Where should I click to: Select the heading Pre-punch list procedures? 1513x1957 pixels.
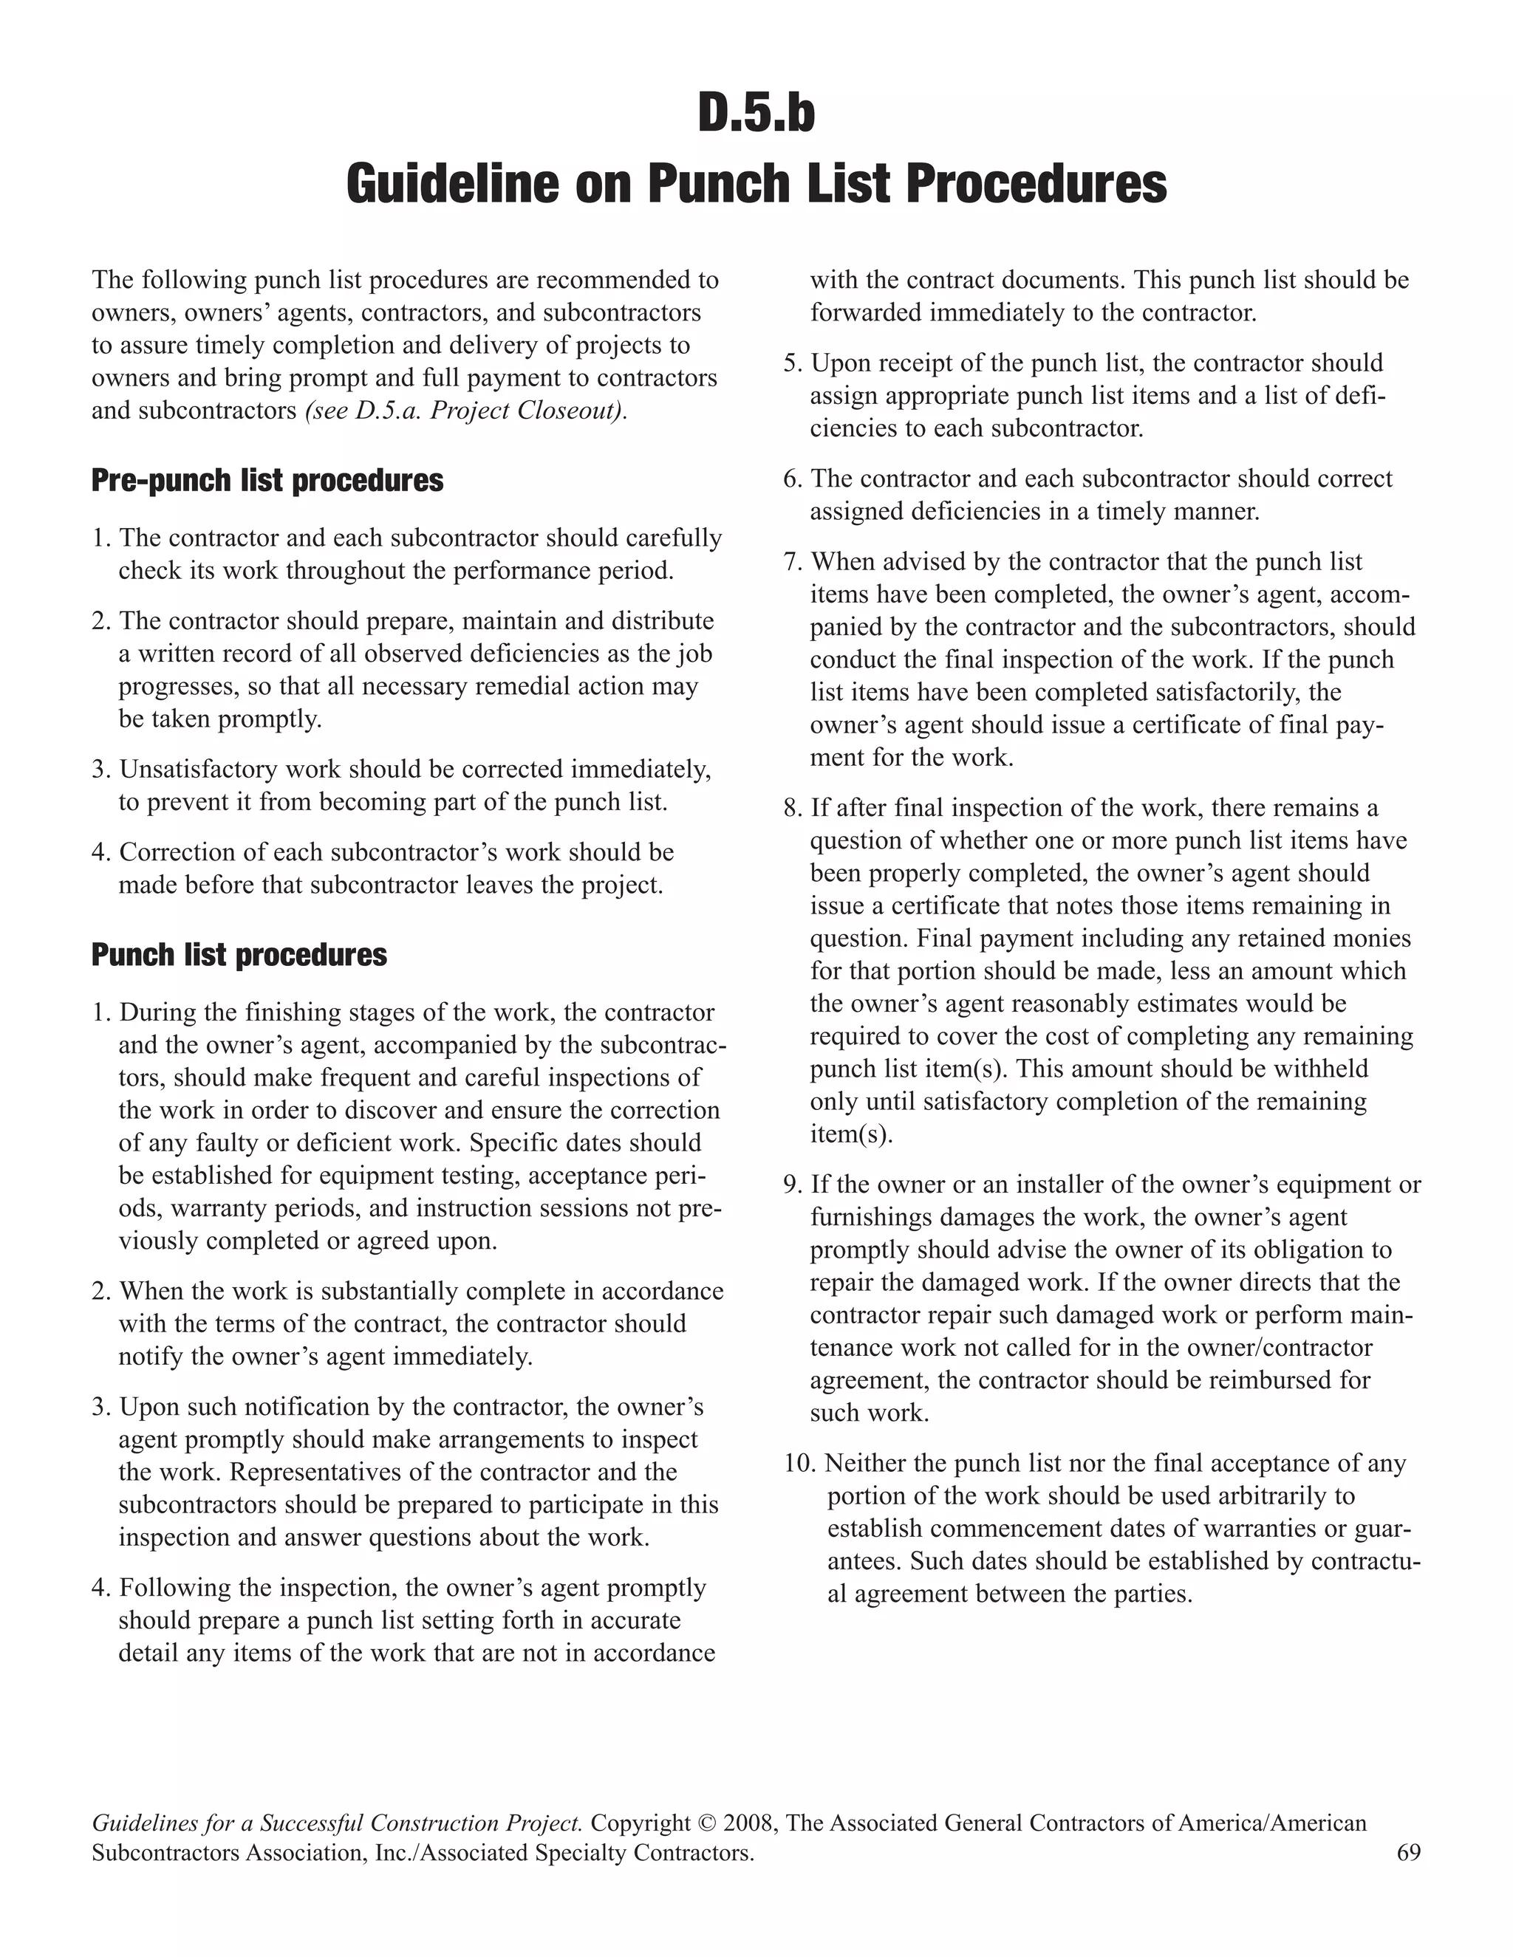click(267, 481)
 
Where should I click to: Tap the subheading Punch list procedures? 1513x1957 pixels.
click(239, 955)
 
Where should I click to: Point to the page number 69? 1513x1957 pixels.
click(1408, 1852)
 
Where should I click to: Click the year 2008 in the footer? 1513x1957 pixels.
click(752, 1823)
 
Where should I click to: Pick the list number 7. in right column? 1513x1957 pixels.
click(793, 562)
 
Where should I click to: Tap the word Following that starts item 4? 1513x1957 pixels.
click(172, 1588)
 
